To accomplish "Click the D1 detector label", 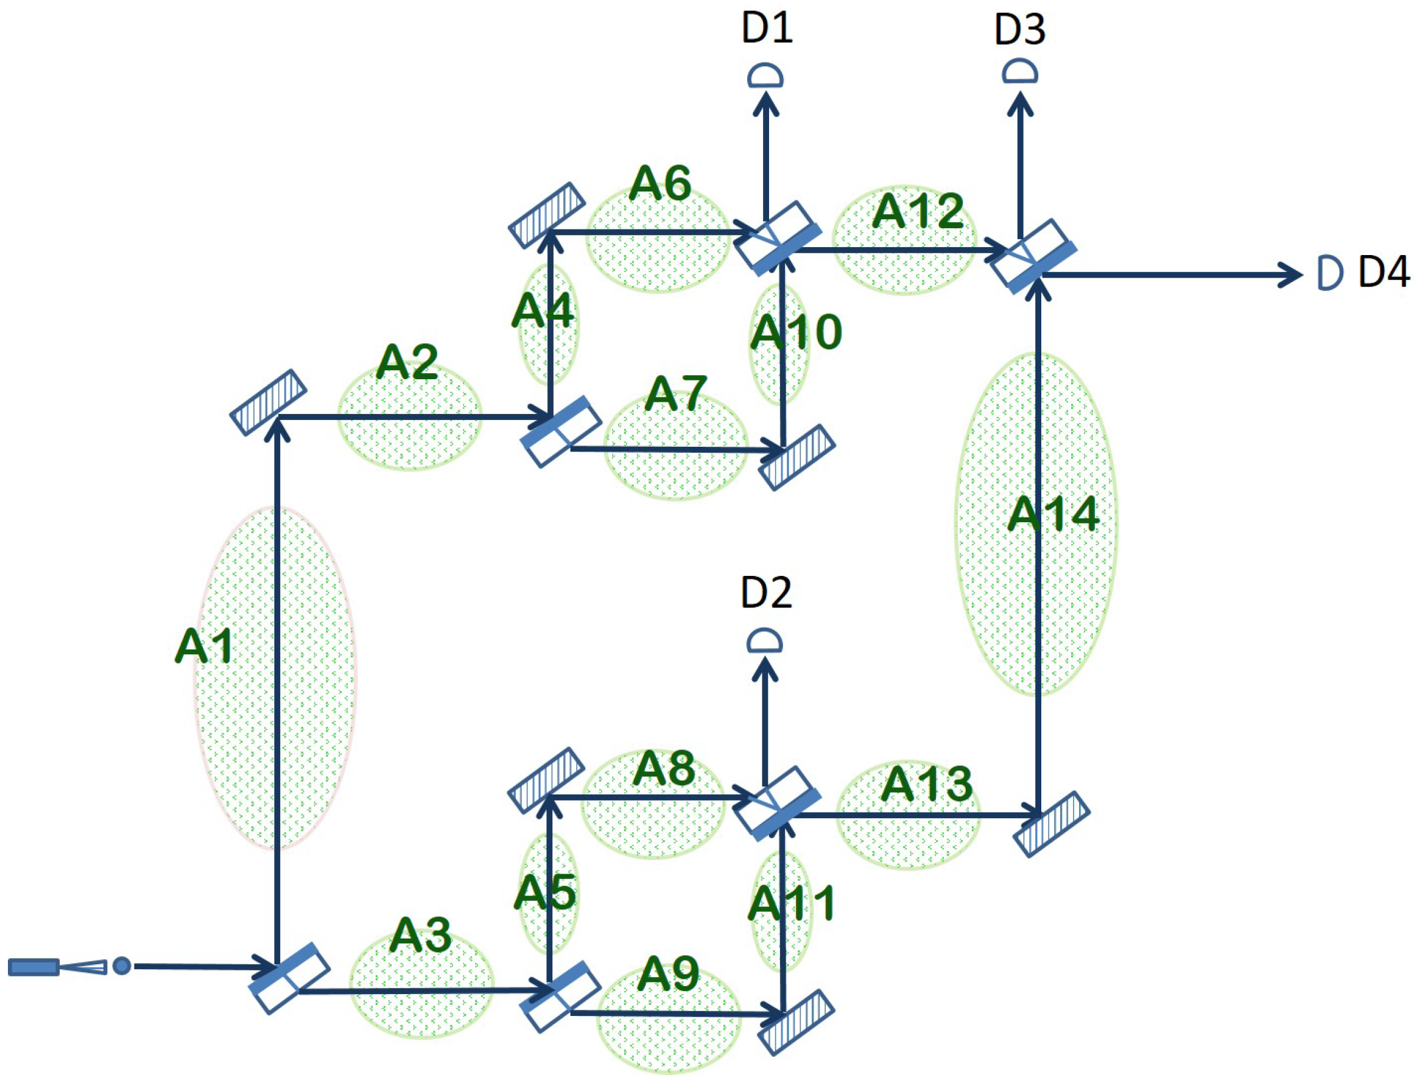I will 767,30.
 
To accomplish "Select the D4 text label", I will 1384,272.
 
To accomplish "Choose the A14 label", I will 1053,514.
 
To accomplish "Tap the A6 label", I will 659,184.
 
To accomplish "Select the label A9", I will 667,974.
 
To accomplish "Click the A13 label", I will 927,784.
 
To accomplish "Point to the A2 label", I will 407,362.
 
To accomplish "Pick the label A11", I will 792,904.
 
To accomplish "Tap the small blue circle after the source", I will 122,967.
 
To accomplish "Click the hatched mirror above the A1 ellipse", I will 269,402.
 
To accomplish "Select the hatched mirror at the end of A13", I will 1051,824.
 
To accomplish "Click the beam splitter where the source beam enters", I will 290,978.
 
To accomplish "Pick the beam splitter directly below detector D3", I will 1033,255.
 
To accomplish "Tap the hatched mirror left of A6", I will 547,215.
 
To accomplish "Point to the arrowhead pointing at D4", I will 1290,275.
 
